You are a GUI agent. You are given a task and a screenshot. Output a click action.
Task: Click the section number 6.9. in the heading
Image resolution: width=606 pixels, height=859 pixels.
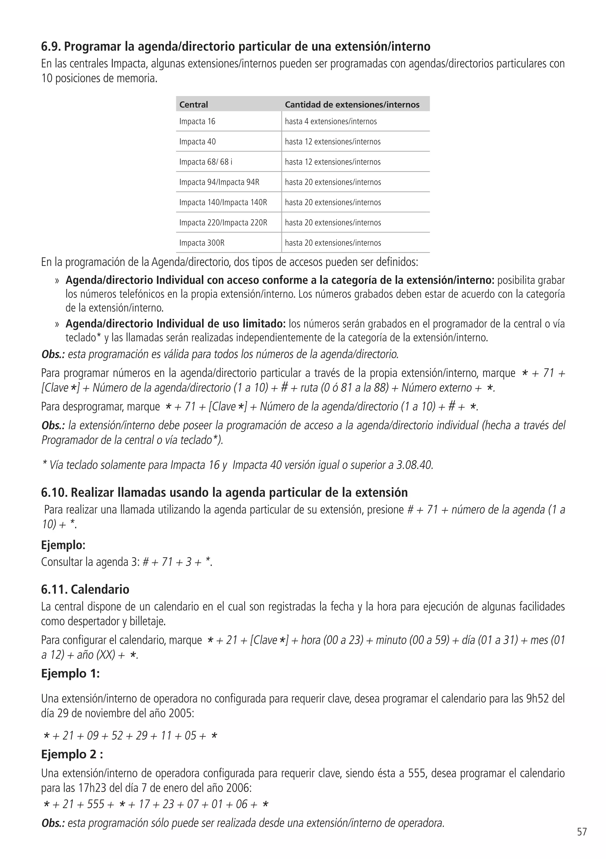(x=51, y=47)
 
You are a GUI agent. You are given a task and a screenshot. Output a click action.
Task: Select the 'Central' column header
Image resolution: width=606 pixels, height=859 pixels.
(x=193, y=105)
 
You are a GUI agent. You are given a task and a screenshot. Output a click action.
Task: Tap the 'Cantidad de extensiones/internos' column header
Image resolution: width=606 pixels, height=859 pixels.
(x=352, y=105)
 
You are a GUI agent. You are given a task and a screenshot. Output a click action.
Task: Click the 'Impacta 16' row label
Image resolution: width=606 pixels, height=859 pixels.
(x=197, y=121)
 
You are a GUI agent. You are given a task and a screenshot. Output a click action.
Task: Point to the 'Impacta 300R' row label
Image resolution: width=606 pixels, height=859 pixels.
(x=202, y=243)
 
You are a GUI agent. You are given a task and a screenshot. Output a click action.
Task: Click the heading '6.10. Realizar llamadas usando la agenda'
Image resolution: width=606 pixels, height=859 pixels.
(x=224, y=492)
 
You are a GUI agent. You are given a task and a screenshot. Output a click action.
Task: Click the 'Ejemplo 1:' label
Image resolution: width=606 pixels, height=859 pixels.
(x=70, y=673)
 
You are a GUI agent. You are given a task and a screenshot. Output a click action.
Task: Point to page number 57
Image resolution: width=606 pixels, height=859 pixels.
(x=582, y=842)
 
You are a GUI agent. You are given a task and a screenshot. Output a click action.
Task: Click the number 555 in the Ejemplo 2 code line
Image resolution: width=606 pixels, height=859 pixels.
(x=96, y=804)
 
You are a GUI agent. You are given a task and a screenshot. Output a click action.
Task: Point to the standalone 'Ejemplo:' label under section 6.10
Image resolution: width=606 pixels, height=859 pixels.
(x=63, y=545)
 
